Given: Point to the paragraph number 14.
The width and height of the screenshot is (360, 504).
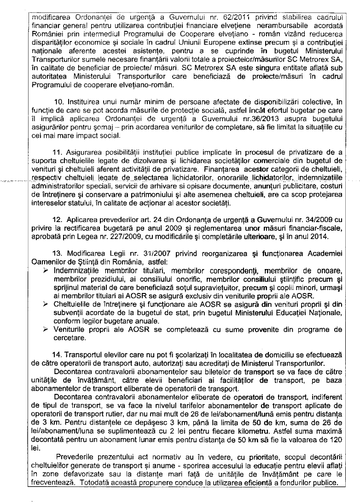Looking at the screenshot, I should (x=58, y=355).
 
